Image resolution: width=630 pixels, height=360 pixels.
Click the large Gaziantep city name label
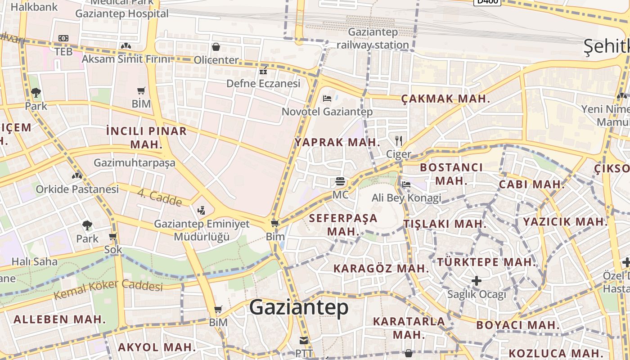click(298, 307)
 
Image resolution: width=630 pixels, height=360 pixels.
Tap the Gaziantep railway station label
click(373, 38)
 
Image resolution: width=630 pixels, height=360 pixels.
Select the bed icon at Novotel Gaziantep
click(327, 99)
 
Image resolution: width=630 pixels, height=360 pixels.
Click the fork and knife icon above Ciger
click(398, 140)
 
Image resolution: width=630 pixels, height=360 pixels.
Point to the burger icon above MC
click(340, 181)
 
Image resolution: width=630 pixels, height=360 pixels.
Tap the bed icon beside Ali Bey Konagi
click(406, 184)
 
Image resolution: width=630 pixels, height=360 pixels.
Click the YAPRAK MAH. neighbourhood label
click(337, 142)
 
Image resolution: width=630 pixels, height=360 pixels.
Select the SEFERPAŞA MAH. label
click(343, 225)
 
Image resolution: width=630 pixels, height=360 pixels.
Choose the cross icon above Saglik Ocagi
click(477, 281)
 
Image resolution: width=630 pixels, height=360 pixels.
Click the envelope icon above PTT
click(304, 341)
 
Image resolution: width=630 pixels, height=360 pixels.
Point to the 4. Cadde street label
click(159, 198)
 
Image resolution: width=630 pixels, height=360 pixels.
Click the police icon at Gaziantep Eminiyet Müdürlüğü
click(201, 210)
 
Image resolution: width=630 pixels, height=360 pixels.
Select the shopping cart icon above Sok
click(113, 236)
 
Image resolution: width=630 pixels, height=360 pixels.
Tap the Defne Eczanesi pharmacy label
click(263, 83)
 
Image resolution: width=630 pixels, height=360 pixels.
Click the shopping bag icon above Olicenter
click(216, 47)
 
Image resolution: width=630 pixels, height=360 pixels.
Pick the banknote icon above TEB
click(63, 39)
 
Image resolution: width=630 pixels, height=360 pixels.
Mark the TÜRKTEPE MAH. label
click(487, 262)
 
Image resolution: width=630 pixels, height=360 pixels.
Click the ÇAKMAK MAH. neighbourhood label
click(445, 99)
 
